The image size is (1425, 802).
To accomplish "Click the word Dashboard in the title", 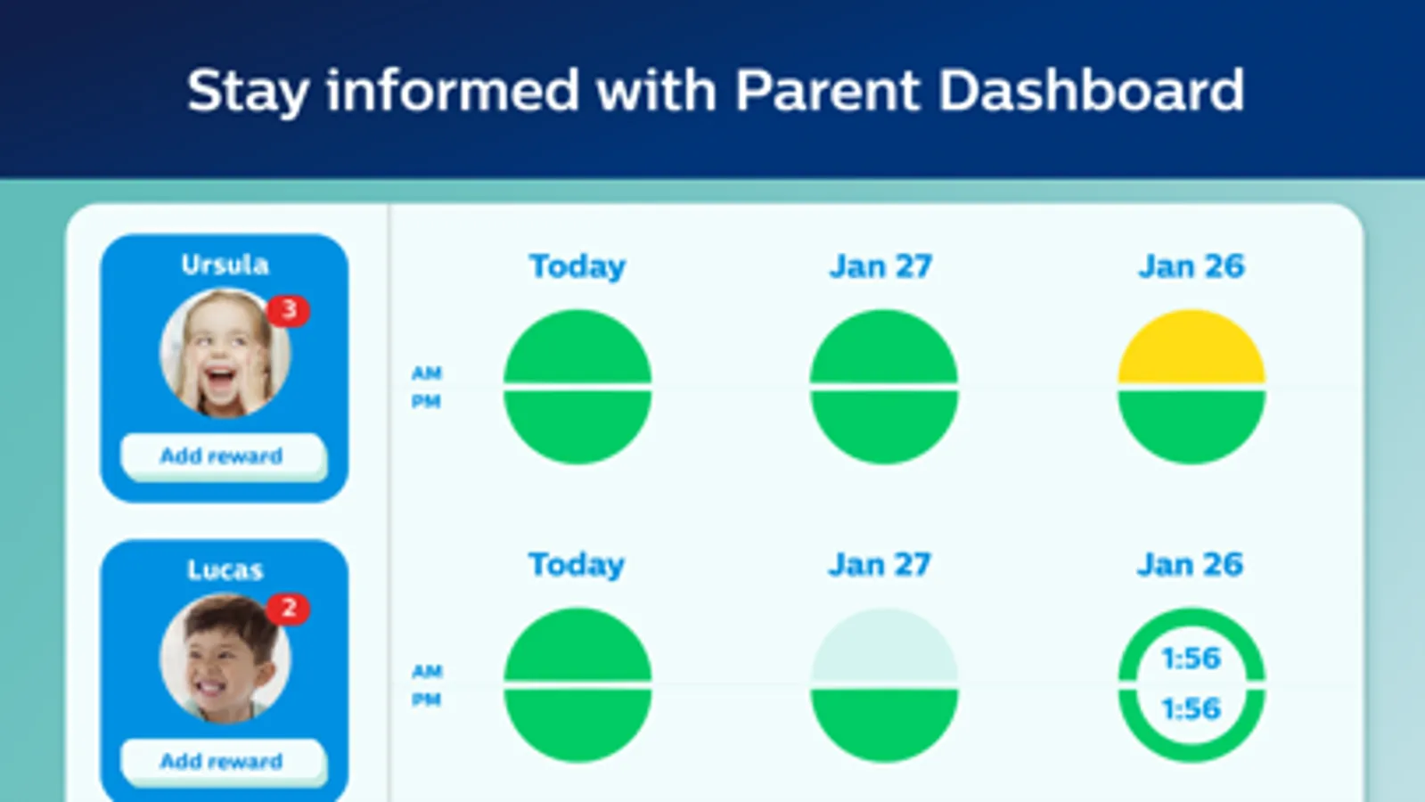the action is click(x=1091, y=90).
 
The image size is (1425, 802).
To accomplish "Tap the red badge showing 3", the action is click(x=289, y=310).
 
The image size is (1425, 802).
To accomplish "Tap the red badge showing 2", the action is click(x=289, y=609).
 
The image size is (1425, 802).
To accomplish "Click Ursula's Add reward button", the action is click(x=224, y=456).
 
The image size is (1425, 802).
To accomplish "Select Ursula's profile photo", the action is click(x=225, y=354).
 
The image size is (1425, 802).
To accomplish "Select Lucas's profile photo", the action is click(x=225, y=659).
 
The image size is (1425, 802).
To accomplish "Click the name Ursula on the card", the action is click(x=225, y=265).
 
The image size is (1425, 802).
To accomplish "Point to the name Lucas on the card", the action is click(x=225, y=569).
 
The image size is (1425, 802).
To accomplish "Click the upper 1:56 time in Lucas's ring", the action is click(x=1192, y=659).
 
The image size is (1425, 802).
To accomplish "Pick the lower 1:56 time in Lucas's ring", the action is click(x=1192, y=708).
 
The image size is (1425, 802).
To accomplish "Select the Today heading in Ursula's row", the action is click(x=577, y=267).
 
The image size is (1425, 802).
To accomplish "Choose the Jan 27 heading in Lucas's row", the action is click(x=880, y=564).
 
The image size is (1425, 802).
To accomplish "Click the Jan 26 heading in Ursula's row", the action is click(x=1191, y=266).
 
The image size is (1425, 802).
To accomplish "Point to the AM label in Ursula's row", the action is click(x=426, y=372).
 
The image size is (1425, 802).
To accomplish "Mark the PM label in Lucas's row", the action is click(x=426, y=700).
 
